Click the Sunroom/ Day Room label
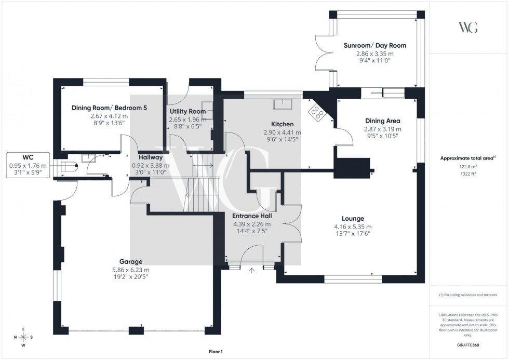point(374,45)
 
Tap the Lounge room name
point(353,219)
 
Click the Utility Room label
point(187,111)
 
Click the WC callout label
point(28,156)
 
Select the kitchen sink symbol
point(283,104)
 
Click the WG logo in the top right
point(468,28)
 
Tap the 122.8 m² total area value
point(468,167)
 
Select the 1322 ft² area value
point(468,175)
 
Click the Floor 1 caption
point(215,352)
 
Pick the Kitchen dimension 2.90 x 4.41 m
point(282,132)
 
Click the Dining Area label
point(382,121)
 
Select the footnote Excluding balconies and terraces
point(468,295)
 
